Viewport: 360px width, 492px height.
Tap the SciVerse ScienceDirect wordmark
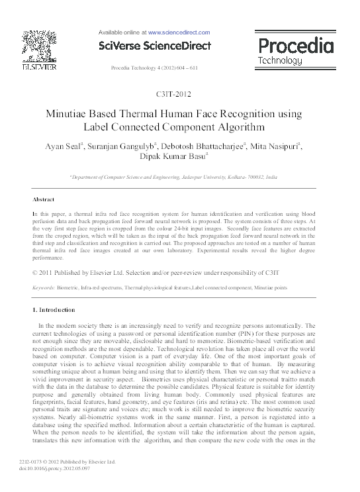pos(154,46)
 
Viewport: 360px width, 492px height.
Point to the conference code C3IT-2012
pos(180,95)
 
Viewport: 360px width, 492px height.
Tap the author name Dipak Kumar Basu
pos(179,158)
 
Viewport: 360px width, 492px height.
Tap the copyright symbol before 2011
pos(36,273)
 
